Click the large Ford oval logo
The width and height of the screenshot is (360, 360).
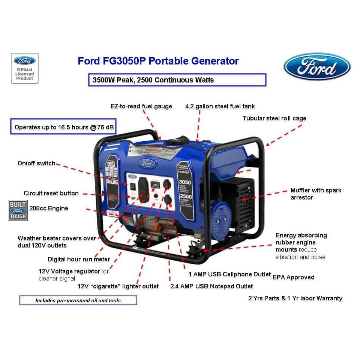click(x=317, y=67)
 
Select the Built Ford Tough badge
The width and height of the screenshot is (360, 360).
click(x=18, y=210)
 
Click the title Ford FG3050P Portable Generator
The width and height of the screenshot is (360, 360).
click(x=158, y=61)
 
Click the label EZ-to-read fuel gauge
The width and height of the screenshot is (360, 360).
click(x=141, y=106)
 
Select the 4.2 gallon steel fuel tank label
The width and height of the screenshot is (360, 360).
click(x=220, y=106)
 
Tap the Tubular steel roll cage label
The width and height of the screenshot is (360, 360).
click(x=274, y=118)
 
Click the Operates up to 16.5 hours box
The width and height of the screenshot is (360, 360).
click(x=63, y=127)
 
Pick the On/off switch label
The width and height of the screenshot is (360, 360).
click(x=36, y=163)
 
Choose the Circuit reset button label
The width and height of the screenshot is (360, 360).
click(x=51, y=193)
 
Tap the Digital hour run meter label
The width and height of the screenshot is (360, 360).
click(x=79, y=259)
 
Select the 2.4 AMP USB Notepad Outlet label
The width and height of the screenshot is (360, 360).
click(x=211, y=286)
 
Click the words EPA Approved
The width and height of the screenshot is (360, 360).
click(x=293, y=277)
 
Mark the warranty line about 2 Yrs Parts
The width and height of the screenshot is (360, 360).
click(x=295, y=298)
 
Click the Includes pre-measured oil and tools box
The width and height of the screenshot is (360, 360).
click(x=78, y=300)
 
